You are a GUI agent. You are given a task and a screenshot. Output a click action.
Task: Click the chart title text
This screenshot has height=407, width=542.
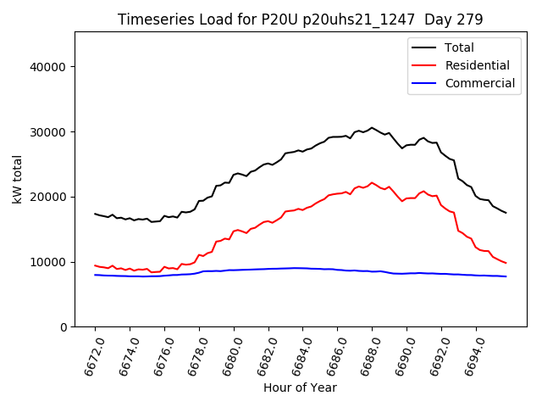(300, 20)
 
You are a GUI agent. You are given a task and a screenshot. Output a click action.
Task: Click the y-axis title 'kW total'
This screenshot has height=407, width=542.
(18, 179)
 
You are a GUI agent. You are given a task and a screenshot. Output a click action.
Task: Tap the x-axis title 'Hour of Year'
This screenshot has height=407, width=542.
(300, 387)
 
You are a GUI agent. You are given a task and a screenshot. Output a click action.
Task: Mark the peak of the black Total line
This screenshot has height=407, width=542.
(372, 128)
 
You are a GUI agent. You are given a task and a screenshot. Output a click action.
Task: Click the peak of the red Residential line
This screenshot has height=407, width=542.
(372, 182)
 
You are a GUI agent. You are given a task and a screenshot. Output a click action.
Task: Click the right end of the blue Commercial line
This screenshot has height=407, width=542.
(506, 276)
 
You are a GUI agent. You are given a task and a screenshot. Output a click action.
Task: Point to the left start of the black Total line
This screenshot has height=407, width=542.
(95, 214)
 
